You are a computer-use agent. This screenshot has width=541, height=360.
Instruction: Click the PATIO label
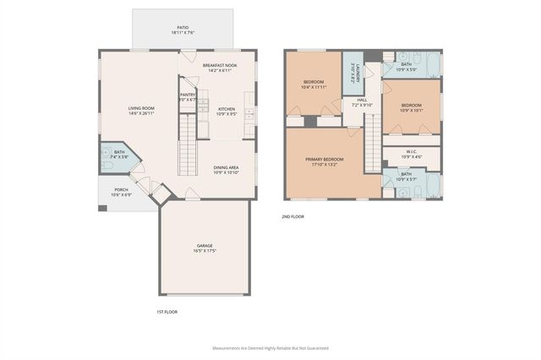click(183, 27)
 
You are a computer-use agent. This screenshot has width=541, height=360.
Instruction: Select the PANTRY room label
click(188, 95)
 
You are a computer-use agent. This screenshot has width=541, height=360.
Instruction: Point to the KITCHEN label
click(227, 108)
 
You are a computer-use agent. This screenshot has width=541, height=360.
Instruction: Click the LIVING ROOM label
click(141, 108)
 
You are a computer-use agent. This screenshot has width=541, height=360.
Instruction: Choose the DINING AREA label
click(226, 167)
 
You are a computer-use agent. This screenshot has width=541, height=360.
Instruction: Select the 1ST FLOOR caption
click(167, 312)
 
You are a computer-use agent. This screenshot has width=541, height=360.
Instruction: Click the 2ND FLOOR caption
click(292, 216)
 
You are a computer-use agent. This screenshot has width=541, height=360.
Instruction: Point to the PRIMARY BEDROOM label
click(325, 159)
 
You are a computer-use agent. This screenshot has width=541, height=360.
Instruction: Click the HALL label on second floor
click(362, 100)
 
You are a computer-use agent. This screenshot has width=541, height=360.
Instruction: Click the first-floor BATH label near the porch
click(118, 152)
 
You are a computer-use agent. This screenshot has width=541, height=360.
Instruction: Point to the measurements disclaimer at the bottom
click(270, 347)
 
